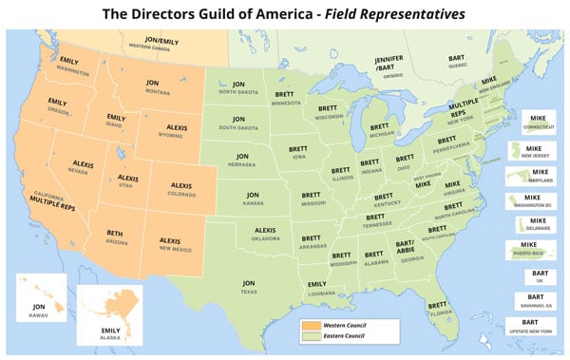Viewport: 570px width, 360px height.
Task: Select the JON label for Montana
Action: (152, 83)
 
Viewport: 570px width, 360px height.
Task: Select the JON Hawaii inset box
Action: (41, 301)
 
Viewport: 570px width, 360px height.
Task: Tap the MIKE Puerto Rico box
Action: (534, 251)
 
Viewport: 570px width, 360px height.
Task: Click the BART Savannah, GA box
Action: (535, 301)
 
